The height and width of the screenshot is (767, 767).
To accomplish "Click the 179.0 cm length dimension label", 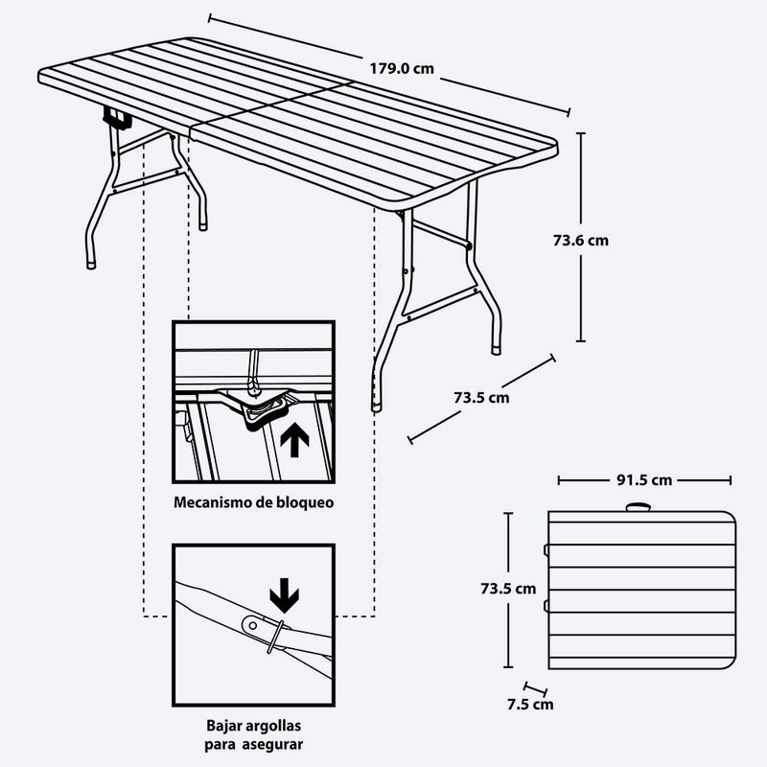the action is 402,68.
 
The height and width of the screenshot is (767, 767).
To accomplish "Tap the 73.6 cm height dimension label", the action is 581,241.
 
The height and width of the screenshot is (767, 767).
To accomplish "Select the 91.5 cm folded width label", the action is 644,480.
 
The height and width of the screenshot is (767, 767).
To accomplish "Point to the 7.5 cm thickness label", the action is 530,705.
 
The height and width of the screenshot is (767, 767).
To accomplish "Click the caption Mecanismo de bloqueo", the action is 253,502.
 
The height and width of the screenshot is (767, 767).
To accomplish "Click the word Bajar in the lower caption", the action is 221,726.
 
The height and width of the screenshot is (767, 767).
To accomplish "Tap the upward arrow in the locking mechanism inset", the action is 294,440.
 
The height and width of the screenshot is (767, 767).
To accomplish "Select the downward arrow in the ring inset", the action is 284,595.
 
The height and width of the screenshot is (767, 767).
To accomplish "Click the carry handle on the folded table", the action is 639,507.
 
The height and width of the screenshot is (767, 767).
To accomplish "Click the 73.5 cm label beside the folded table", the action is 508,589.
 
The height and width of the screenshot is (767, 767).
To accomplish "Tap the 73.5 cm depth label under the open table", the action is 481,398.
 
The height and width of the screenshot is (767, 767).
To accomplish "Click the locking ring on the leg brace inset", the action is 275,637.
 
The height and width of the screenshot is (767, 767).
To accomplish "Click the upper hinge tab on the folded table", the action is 546,550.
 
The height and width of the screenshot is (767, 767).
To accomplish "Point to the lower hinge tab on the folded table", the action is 546,607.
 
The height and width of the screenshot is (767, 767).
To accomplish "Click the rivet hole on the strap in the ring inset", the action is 252,625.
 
